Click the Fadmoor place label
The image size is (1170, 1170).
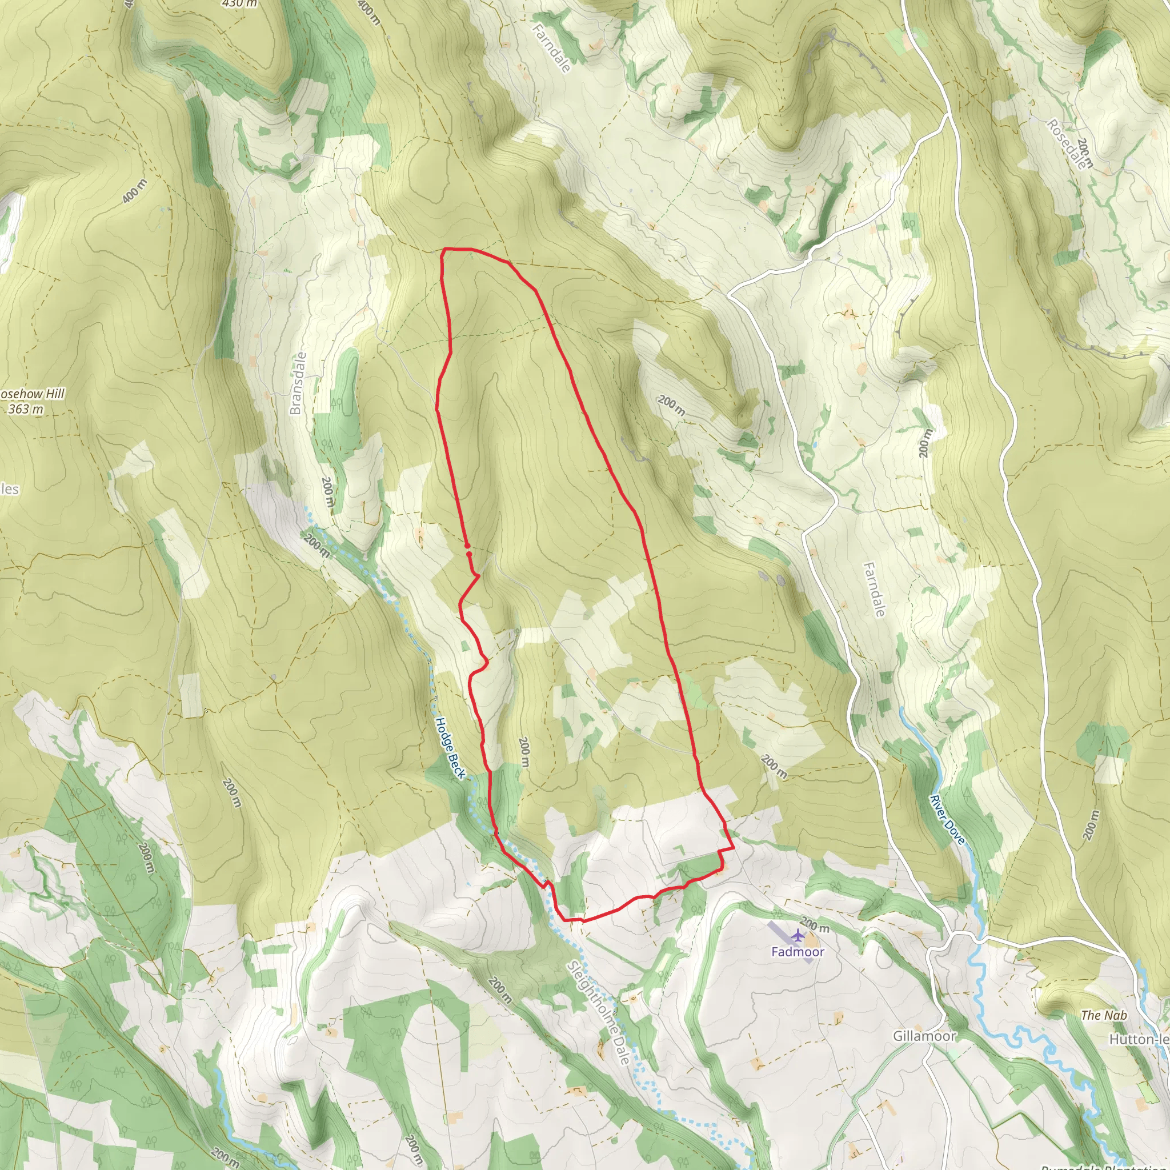point(798,951)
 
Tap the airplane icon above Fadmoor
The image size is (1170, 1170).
point(798,936)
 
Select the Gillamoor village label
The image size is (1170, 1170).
point(924,1036)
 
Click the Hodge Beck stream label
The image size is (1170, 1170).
point(451,748)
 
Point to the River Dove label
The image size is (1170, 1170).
point(947,820)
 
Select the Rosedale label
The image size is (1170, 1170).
point(1067,144)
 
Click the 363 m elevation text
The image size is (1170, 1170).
point(26,409)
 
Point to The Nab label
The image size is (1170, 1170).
point(1103,1015)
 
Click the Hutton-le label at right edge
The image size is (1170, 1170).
point(1139,1039)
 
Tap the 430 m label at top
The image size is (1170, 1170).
point(240,3)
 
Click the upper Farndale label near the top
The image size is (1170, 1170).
point(552,48)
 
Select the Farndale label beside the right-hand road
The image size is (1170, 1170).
point(874,589)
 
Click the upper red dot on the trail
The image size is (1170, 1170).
point(467,546)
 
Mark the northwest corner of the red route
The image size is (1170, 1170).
point(444,249)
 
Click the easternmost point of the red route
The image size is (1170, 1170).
point(734,848)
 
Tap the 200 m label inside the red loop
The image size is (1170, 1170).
point(524,752)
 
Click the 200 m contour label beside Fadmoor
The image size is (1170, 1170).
point(815,925)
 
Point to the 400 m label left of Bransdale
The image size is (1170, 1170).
point(134,191)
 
